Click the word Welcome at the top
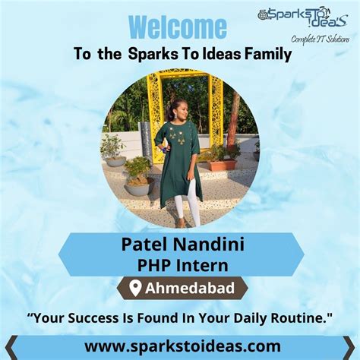177,27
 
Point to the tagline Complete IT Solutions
319,39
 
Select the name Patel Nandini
180,245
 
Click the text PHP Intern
180,264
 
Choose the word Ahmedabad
188,289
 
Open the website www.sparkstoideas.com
180,346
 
